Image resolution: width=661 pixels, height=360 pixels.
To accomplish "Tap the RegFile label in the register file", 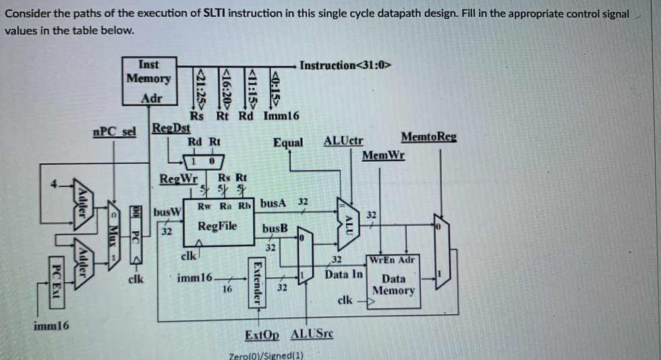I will [x=217, y=226].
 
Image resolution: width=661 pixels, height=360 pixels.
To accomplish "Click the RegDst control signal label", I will [x=171, y=127].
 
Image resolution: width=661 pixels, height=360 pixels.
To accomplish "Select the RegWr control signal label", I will [x=178, y=179].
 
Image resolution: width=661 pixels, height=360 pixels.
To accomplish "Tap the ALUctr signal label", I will [x=343, y=141].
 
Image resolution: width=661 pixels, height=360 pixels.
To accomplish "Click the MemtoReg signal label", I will [x=428, y=137].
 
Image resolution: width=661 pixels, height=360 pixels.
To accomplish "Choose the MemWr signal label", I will [x=383, y=156].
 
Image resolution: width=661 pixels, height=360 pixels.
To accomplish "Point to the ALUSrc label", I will [x=312, y=335].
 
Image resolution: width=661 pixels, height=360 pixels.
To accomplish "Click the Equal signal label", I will [x=288, y=142].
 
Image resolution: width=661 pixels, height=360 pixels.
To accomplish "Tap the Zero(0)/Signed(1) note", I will [x=266, y=355].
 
